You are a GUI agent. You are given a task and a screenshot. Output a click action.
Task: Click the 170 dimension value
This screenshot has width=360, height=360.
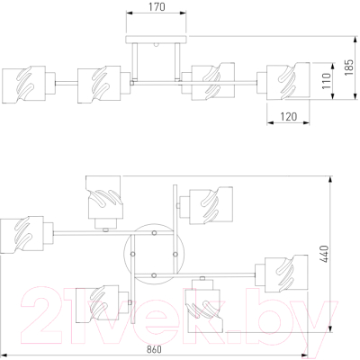coord(157,6)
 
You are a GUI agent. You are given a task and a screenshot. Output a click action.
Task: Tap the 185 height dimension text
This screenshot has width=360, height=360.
coord(349,67)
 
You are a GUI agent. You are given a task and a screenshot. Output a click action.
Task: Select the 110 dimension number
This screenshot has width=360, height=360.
coord(327,81)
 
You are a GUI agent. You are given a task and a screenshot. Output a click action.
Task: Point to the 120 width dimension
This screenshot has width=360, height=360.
coord(289,116)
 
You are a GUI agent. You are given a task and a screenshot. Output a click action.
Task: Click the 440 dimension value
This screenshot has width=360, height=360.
coord(325,254)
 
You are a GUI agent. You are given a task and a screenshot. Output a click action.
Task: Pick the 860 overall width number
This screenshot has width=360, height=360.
coord(154,349)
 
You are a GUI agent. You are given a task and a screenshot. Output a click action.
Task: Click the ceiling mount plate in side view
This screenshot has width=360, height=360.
coord(157,40)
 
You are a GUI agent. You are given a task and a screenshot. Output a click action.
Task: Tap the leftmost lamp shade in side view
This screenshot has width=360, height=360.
coord(24,85)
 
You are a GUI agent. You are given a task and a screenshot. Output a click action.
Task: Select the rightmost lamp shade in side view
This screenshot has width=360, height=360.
coord(288,81)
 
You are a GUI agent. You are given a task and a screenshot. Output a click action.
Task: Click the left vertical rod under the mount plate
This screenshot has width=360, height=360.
coord(135,61)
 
